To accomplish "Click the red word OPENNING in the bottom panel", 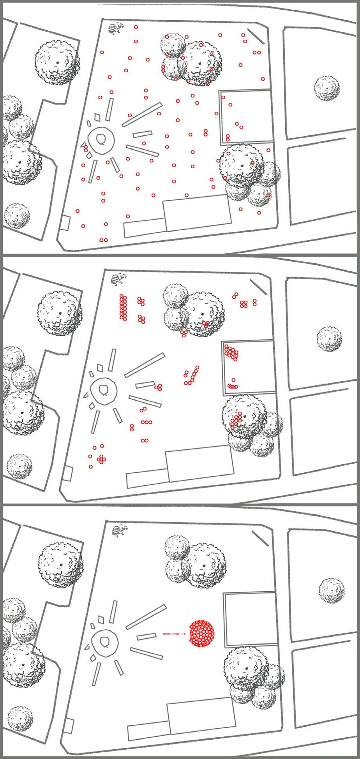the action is click(x=171, y=634).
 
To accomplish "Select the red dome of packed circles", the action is click(x=201, y=634).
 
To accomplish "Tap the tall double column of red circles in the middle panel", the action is click(x=123, y=308).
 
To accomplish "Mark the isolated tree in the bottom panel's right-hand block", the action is click(x=332, y=591).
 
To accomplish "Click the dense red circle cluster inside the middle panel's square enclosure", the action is click(x=231, y=352).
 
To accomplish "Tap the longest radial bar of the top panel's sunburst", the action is click(x=142, y=114).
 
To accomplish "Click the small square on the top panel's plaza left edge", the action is click(x=65, y=222).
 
